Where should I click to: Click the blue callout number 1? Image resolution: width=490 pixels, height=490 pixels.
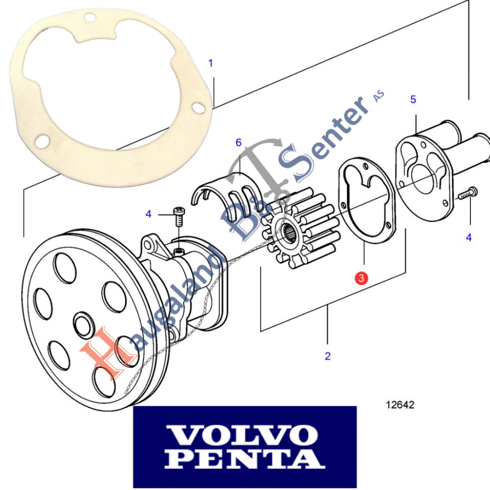(211, 63)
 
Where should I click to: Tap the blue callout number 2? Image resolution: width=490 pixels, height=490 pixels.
(328, 356)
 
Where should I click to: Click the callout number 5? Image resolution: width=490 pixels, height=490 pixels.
(413, 100)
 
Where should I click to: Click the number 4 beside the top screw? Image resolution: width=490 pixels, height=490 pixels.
(148, 214)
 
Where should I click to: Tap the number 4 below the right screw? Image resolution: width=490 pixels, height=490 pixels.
(468, 237)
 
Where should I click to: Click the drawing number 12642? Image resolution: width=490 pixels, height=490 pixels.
(400, 405)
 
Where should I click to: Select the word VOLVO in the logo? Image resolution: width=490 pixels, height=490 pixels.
(244, 435)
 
